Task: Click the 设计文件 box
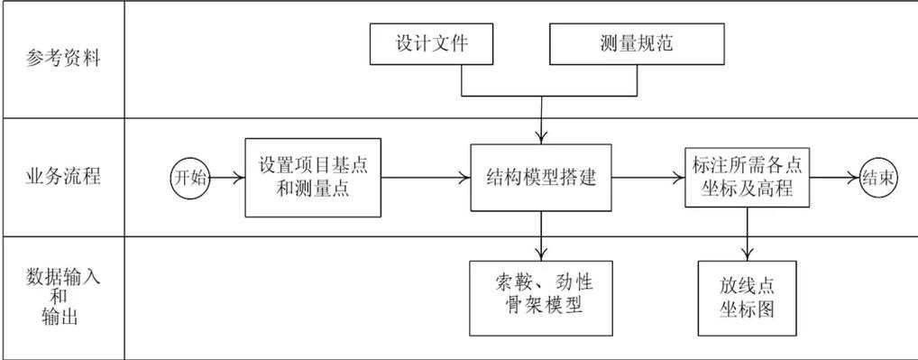point(432,44)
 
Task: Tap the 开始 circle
point(190,178)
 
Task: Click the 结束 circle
point(879,178)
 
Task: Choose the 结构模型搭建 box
point(540,178)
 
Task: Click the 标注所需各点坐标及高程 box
point(748,178)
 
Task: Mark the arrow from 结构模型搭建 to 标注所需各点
point(647,178)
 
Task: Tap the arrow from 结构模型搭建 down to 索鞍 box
point(540,236)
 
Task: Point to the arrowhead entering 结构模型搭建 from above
point(540,136)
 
